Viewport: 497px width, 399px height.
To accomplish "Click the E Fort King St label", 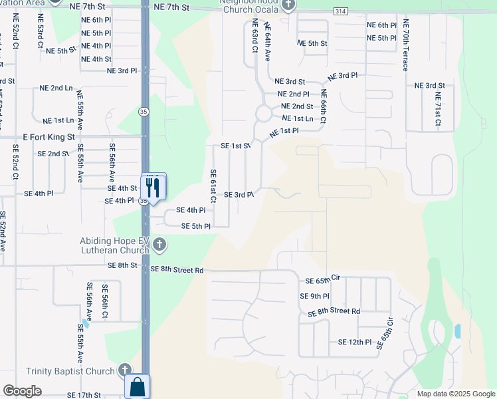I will pos(47,136).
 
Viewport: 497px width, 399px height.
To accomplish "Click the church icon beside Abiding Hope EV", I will pos(159,245).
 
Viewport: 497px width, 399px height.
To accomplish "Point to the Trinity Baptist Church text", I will pos(70,371).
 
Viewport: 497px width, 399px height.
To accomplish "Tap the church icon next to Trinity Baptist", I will pos(124,370).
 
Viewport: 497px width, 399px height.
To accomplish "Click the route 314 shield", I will pos(341,12).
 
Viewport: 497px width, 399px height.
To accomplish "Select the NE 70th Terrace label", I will pos(405,45).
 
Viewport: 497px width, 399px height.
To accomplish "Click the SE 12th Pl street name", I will pos(354,342).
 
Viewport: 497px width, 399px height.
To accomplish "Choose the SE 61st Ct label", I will pos(213,186).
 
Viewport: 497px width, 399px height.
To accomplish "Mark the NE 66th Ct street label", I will pos(323,107).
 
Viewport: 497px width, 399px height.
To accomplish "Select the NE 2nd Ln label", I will pos(56,88).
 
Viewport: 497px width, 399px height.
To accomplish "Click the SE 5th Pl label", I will pos(196,226).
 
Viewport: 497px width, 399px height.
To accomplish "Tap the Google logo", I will pos(22,391).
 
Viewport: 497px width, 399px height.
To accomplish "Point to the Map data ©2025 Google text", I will pos(455,394).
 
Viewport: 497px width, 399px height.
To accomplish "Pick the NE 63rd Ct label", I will pos(254,36).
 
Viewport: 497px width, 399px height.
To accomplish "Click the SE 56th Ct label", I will pos(105,301).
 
